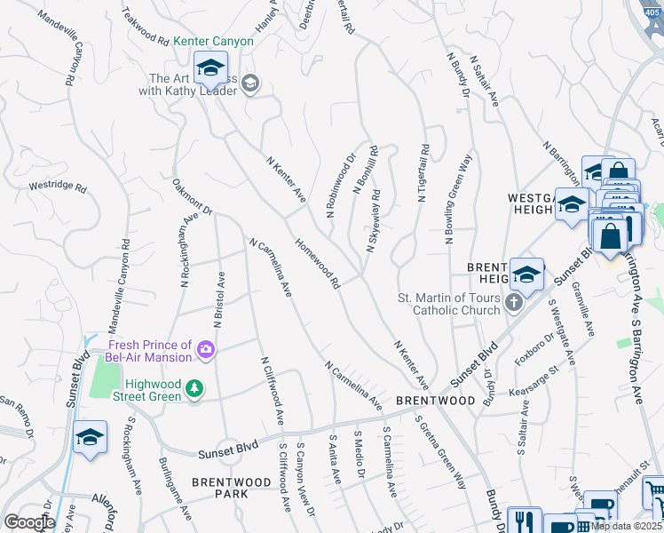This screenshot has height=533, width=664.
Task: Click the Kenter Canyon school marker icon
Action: pyautogui.click(x=211, y=68)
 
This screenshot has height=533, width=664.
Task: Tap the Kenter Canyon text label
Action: pyautogui.click(x=213, y=41)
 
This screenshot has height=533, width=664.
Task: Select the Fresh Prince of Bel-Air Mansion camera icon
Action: pyautogui.click(x=206, y=351)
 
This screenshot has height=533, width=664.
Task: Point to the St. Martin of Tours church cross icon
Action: pyautogui.click(x=513, y=304)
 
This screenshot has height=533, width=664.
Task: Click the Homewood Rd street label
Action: pyautogui.click(x=318, y=264)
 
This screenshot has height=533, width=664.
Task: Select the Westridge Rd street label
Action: pyautogui.click(x=57, y=187)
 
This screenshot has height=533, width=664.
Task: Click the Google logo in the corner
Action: pyautogui.click(x=29, y=522)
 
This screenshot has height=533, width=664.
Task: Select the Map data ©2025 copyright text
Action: pyautogui.click(x=625, y=525)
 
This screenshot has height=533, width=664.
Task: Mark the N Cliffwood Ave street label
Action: pyautogui.click(x=273, y=391)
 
